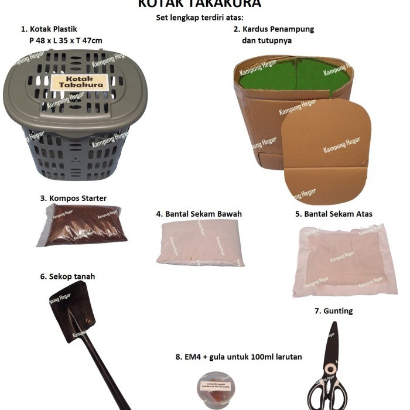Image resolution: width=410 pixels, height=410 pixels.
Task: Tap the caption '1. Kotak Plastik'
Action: click(x=49, y=28)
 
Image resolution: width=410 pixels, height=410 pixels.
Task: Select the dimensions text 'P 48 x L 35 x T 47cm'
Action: click(x=66, y=40)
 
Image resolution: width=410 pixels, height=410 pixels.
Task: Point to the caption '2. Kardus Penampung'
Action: click(x=274, y=29)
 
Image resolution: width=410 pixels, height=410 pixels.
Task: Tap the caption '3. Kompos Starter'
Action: click(x=73, y=198)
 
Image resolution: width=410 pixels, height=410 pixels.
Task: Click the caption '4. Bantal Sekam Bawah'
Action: click(x=199, y=214)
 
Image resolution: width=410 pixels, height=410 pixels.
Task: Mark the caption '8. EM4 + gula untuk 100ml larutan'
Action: click(x=238, y=356)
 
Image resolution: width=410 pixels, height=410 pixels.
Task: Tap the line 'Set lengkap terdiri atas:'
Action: click(x=200, y=17)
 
